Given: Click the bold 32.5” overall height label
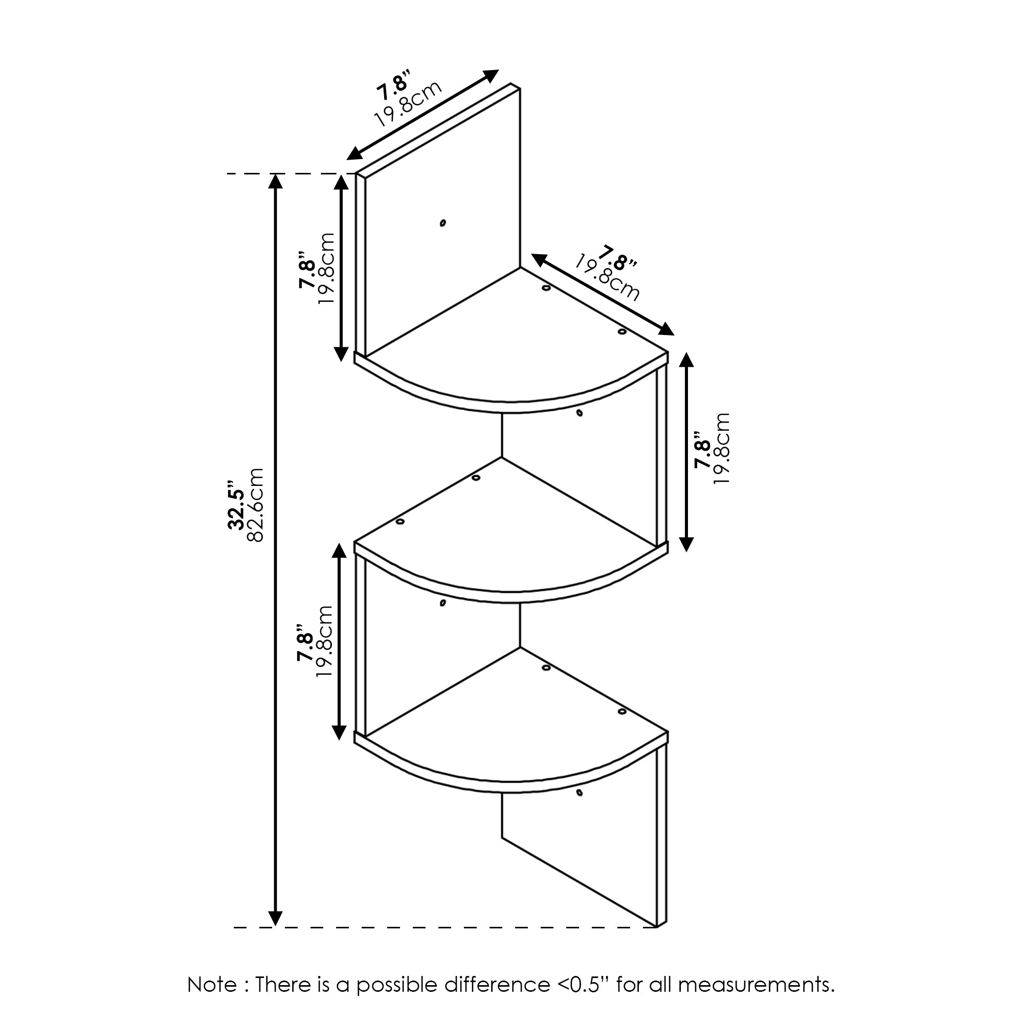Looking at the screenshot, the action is point(236,505).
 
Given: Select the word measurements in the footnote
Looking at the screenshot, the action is point(757,985).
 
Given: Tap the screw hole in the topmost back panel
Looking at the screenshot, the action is point(442,223).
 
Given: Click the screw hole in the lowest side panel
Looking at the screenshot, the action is point(580,808).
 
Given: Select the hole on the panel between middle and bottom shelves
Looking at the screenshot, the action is point(442,603).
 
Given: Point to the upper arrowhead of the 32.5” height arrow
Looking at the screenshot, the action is point(275,182).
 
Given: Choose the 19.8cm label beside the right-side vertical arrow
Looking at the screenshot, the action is point(722,449).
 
